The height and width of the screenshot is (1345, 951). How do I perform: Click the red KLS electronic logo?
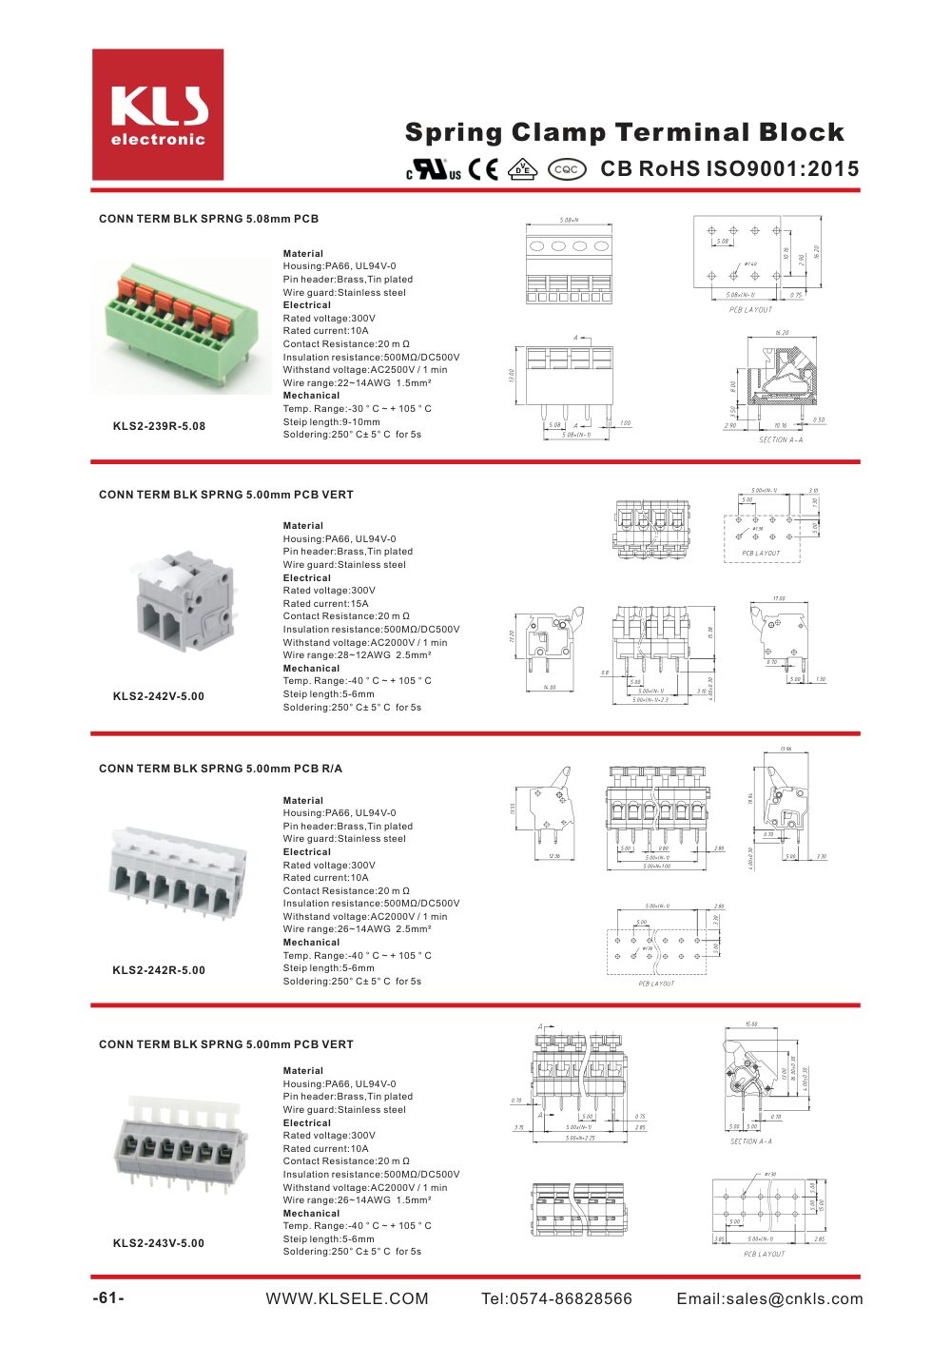point(158,115)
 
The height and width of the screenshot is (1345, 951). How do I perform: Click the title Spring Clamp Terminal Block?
point(624,132)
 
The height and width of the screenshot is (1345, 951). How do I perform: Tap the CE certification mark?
point(483,169)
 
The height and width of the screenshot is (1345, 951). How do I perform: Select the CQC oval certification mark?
point(567,169)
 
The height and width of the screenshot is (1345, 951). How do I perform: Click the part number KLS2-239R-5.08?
point(159,426)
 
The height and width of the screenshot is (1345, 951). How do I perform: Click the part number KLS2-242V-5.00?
point(159,696)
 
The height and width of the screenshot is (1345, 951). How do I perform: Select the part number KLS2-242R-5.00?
point(159,970)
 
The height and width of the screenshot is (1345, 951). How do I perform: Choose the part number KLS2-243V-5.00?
point(159,1243)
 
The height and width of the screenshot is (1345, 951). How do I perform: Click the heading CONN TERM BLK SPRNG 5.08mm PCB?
point(208,219)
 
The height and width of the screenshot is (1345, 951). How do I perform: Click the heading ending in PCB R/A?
point(221,769)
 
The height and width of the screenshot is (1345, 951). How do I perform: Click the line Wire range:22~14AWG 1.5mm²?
point(357,383)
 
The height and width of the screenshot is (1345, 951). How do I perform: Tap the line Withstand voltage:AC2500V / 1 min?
point(364,370)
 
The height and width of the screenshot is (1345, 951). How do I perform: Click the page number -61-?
point(108,1298)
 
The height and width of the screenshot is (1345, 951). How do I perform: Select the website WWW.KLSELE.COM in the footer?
point(347,1299)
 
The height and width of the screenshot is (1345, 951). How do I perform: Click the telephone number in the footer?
point(556,1299)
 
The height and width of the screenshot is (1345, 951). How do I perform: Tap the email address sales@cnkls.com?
point(769,1299)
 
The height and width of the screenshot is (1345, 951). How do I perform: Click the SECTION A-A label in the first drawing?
point(781,440)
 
